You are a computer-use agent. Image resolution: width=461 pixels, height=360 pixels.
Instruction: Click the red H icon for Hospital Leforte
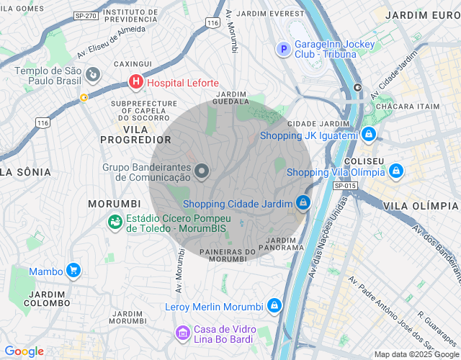(x=135, y=83)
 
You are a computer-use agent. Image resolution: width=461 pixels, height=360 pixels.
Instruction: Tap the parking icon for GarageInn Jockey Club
(x=284, y=49)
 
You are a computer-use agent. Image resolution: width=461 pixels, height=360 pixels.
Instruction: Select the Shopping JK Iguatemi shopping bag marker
(x=369, y=135)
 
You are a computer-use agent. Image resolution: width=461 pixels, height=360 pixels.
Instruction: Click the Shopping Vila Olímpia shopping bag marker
(x=395, y=171)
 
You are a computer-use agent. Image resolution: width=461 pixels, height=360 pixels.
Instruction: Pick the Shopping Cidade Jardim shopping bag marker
(x=303, y=203)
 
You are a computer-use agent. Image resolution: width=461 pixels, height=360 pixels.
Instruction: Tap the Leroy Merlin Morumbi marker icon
(x=274, y=306)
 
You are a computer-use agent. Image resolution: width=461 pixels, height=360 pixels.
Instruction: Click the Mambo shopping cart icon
(x=73, y=271)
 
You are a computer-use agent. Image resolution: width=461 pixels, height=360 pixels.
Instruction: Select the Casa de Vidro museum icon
(x=182, y=333)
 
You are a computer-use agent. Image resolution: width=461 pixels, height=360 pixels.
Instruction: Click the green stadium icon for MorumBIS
(x=115, y=222)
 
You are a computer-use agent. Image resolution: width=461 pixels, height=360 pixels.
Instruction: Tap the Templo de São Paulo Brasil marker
(x=93, y=74)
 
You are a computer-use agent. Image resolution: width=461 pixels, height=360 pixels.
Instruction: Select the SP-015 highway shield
(x=346, y=186)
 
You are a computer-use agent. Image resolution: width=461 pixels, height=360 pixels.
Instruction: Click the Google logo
(x=24, y=351)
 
